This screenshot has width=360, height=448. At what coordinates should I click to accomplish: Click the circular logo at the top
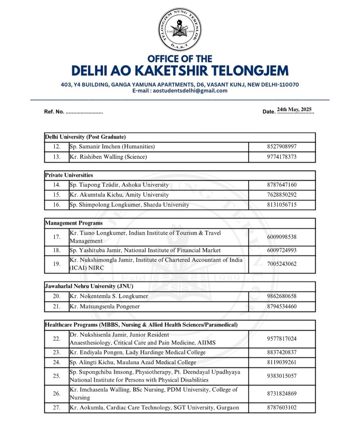[x=180, y=29]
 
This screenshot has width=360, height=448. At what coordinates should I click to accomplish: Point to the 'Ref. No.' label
[x=54, y=112]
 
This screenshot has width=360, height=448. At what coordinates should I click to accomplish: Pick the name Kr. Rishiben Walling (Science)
[x=108, y=157]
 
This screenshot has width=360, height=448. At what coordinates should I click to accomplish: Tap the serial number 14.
[x=56, y=185]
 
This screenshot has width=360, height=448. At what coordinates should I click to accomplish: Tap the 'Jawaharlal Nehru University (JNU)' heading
[x=90, y=286]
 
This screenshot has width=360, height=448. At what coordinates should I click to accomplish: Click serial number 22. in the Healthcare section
[x=56, y=339]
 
